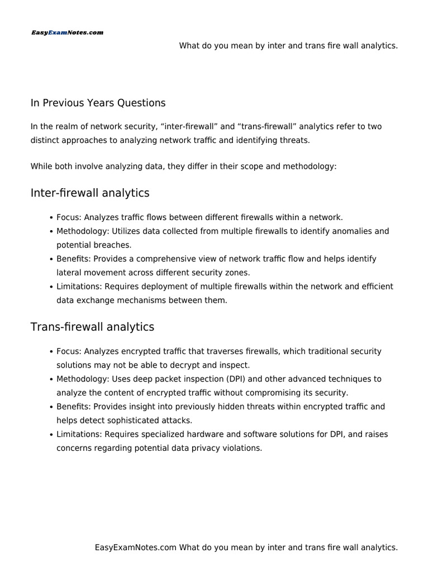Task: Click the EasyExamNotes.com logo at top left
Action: pyautogui.click(x=67, y=33)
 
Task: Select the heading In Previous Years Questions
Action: pyautogui.click(x=98, y=103)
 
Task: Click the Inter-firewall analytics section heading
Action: pyautogui.click(x=90, y=193)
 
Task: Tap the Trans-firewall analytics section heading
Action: pyautogui.click(x=92, y=327)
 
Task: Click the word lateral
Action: pyautogui.click(x=69, y=273)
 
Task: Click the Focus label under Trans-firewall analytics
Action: pyautogui.click(x=69, y=351)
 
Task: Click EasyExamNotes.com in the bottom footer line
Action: pyautogui.click(x=136, y=548)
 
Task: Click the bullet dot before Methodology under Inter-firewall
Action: pyautogui.click(x=51, y=231)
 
